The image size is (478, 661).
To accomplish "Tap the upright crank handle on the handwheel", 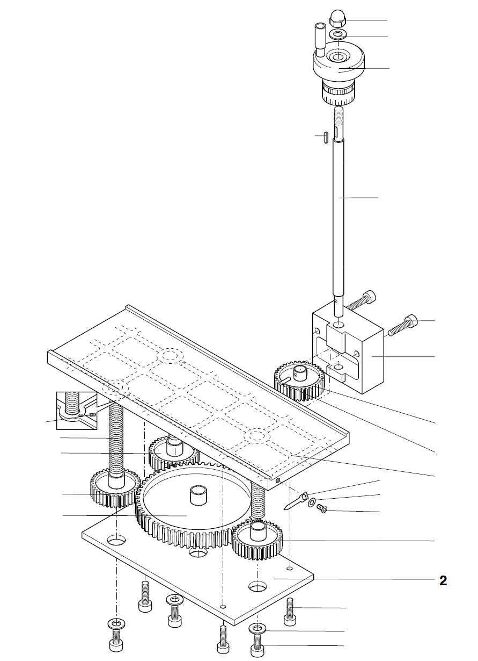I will pyautogui.click(x=320, y=38).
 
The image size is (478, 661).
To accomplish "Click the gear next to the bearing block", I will pyautogui.click(x=298, y=382).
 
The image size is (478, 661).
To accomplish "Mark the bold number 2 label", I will pyautogui.click(x=443, y=580).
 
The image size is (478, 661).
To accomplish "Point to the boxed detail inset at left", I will pyautogui.click(x=77, y=411).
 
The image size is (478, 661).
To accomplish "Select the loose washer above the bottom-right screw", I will pyautogui.click(x=258, y=628).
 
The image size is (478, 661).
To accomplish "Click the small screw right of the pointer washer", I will pyautogui.click(x=322, y=508).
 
